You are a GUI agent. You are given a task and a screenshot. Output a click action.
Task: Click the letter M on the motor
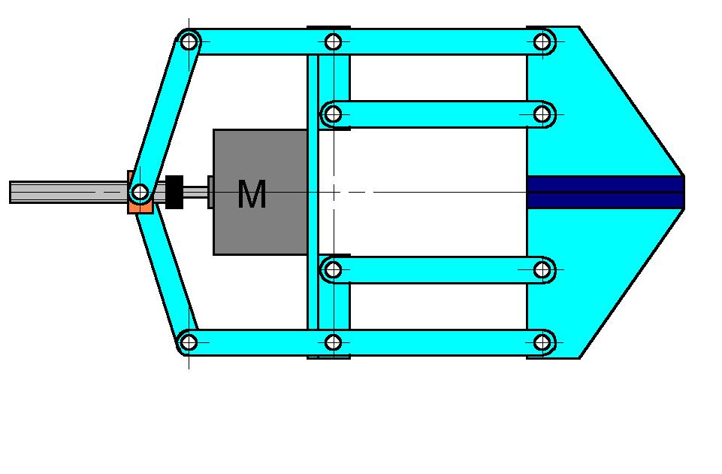[x=252, y=194]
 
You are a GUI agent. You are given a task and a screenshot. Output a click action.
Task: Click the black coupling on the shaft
[x=174, y=192]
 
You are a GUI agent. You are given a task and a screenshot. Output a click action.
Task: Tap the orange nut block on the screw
[x=140, y=193]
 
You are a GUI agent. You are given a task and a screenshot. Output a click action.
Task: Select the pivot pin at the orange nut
[x=140, y=191]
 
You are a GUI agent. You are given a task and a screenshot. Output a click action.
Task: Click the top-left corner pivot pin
[x=189, y=42]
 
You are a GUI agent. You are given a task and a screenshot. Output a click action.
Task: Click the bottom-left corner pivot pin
[x=189, y=342]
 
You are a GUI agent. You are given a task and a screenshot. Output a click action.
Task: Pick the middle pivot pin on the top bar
[x=333, y=42]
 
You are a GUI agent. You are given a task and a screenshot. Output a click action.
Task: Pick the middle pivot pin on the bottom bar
[x=333, y=342]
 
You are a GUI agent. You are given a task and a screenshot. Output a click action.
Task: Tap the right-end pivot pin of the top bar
[x=542, y=42]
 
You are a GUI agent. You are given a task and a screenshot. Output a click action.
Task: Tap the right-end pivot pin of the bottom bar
[x=542, y=342]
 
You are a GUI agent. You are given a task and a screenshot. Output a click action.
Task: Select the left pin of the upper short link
[x=333, y=114]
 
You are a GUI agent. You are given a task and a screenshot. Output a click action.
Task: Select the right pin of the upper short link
[x=542, y=114]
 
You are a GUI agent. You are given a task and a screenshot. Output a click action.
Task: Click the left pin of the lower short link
[x=333, y=270]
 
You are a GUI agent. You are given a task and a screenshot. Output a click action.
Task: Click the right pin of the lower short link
[x=542, y=270]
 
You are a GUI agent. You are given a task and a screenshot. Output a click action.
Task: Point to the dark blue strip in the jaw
[x=606, y=192]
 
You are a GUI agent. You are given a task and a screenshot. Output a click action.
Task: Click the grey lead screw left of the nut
[x=69, y=192]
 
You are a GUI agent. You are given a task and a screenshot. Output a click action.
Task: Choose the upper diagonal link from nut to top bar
[x=165, y=117]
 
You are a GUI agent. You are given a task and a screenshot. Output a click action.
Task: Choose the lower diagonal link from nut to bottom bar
[x=168, y=277]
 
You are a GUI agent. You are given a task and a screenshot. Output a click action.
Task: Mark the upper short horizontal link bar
[x=437, y=114]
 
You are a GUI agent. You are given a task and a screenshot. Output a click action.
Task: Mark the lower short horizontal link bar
[x=437, y=270]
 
